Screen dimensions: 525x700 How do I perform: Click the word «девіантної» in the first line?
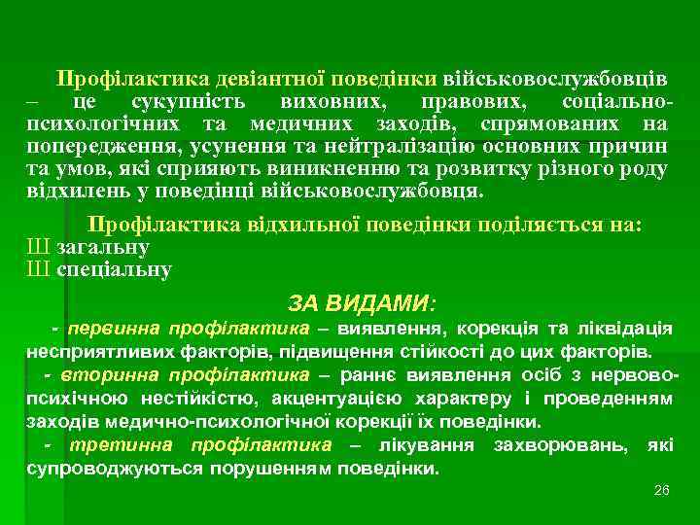(274, 77)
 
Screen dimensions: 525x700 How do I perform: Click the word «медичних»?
(298, 124)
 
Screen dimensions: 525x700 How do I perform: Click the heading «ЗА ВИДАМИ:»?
(363, 301)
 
